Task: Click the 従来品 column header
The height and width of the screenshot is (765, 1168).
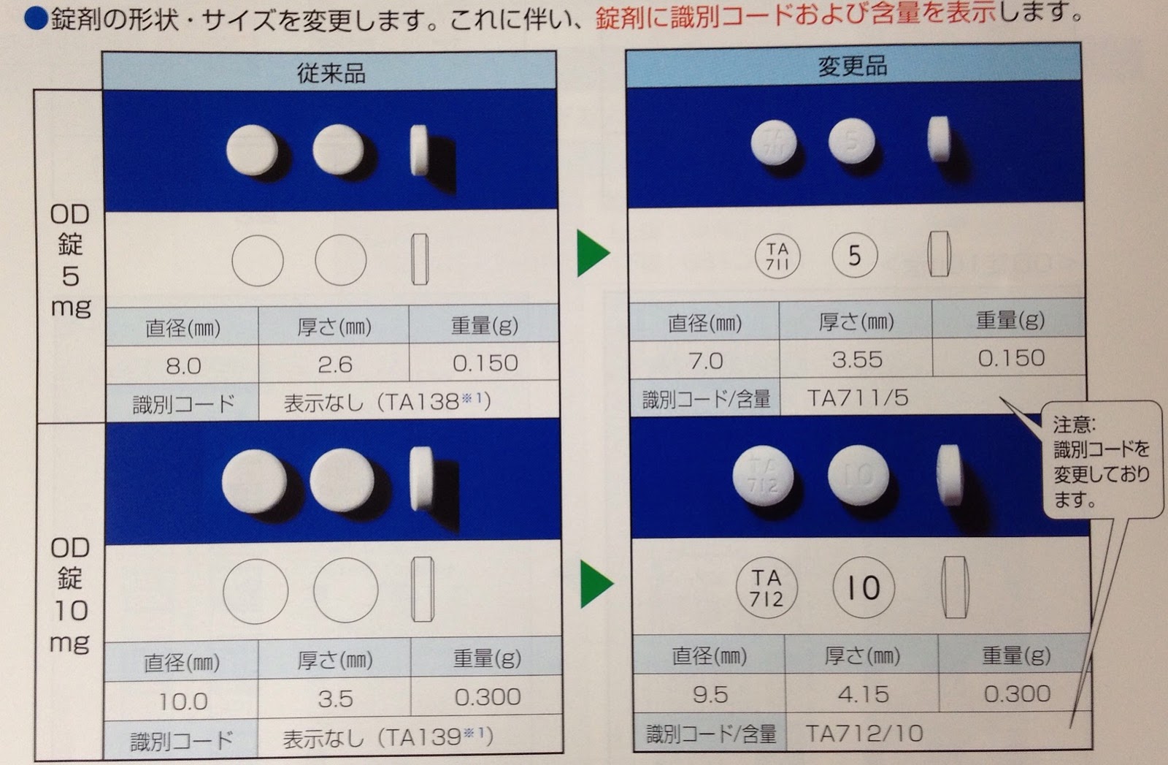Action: coord(330,72)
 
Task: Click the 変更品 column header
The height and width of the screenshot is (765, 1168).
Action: coord(852,66)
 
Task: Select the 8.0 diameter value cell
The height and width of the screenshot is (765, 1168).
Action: coord(182,365)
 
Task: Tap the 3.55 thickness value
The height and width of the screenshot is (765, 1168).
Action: coord(856,359)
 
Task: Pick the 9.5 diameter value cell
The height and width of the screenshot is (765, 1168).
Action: coord(710,694)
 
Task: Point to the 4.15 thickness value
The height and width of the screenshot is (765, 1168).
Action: coord(863,693)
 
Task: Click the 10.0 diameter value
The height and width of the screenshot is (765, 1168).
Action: coord(182,701)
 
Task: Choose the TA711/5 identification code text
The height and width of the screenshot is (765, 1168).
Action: coord(857,397)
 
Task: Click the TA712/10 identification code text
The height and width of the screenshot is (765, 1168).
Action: coord(864,733)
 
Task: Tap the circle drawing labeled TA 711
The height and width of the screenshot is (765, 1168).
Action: coord(777,256)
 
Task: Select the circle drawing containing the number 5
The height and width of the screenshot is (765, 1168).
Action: coord(854,255)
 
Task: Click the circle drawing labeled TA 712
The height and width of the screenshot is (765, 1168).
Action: coord(766,588)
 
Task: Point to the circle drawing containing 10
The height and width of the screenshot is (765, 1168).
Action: coord(863,587)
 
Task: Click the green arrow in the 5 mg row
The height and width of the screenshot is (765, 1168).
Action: coord(592,254)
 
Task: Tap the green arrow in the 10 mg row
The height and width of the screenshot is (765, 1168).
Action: coord(596,584)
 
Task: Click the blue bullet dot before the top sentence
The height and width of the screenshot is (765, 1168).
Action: coord(35,18)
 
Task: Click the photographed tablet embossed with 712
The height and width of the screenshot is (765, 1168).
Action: coord(763,476)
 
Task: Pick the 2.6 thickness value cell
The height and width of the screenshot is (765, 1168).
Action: coord(334,364)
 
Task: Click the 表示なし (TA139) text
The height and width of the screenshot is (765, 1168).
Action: coord(388,738)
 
